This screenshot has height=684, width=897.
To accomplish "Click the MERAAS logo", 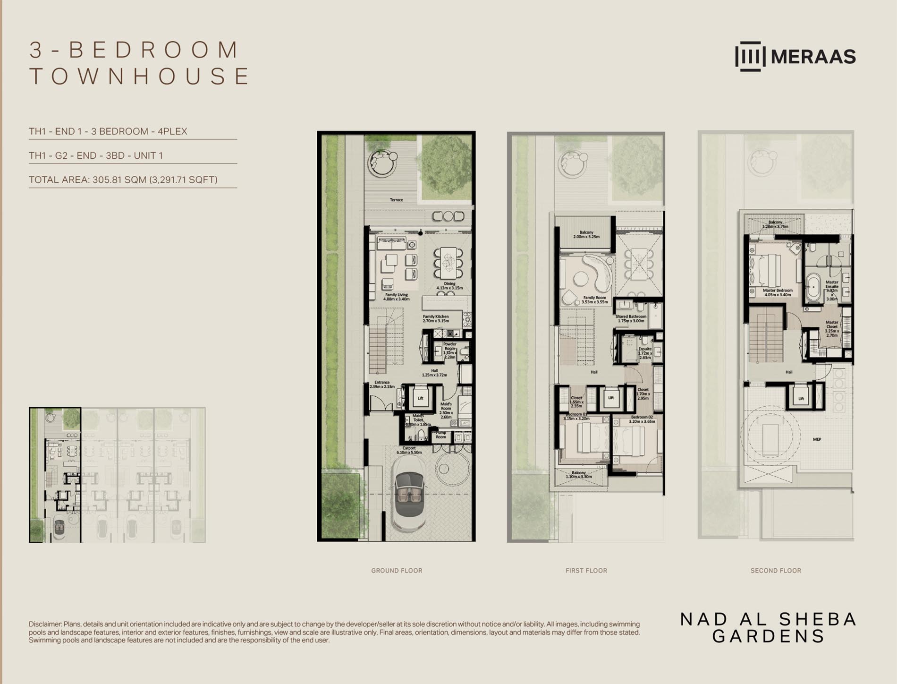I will [795, 57].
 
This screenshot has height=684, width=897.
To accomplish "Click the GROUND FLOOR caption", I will [397, 571].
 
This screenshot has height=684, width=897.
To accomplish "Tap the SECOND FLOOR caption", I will [776, 571].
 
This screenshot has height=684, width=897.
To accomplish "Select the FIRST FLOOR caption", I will [586, 571].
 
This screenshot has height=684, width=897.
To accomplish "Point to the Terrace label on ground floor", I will [397, 200].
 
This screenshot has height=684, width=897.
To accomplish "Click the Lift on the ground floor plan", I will [420, 398].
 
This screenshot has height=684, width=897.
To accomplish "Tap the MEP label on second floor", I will [817, 439].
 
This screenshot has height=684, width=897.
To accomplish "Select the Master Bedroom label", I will [778, 292].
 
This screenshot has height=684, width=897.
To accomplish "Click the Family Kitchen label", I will [436, 318].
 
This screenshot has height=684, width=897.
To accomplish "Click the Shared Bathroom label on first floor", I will [631, 318].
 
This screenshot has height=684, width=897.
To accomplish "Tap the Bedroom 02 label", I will [642, 419].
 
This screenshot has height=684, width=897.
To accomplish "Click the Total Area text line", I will [123, 180].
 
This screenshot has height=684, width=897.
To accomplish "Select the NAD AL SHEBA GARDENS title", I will [768, 627].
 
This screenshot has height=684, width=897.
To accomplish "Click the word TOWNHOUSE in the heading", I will [140, 77].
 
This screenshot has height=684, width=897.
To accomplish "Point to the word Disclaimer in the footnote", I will [45, 624].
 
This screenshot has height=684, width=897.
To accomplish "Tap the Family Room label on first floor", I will [594, 299].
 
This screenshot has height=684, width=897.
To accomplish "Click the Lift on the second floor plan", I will [801, 398].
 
